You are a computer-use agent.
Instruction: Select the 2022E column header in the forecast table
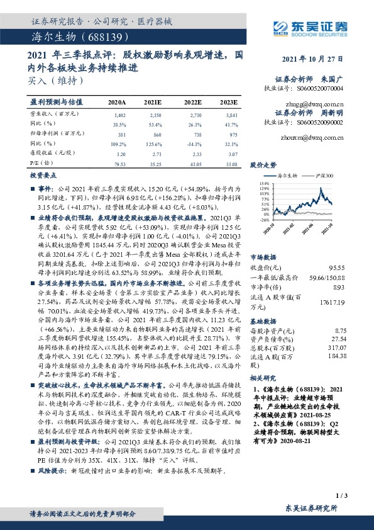(193, 101)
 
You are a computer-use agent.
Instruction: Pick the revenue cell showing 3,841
(230, 116)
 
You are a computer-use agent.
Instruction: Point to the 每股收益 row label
(49, 153)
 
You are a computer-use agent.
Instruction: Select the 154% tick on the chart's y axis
(257, 183)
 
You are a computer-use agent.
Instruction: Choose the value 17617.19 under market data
(333, 285)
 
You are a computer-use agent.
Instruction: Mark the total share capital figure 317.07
(337, 347)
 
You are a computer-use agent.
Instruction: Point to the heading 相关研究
(263, 378)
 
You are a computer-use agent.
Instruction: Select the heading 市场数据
(263, 239)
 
